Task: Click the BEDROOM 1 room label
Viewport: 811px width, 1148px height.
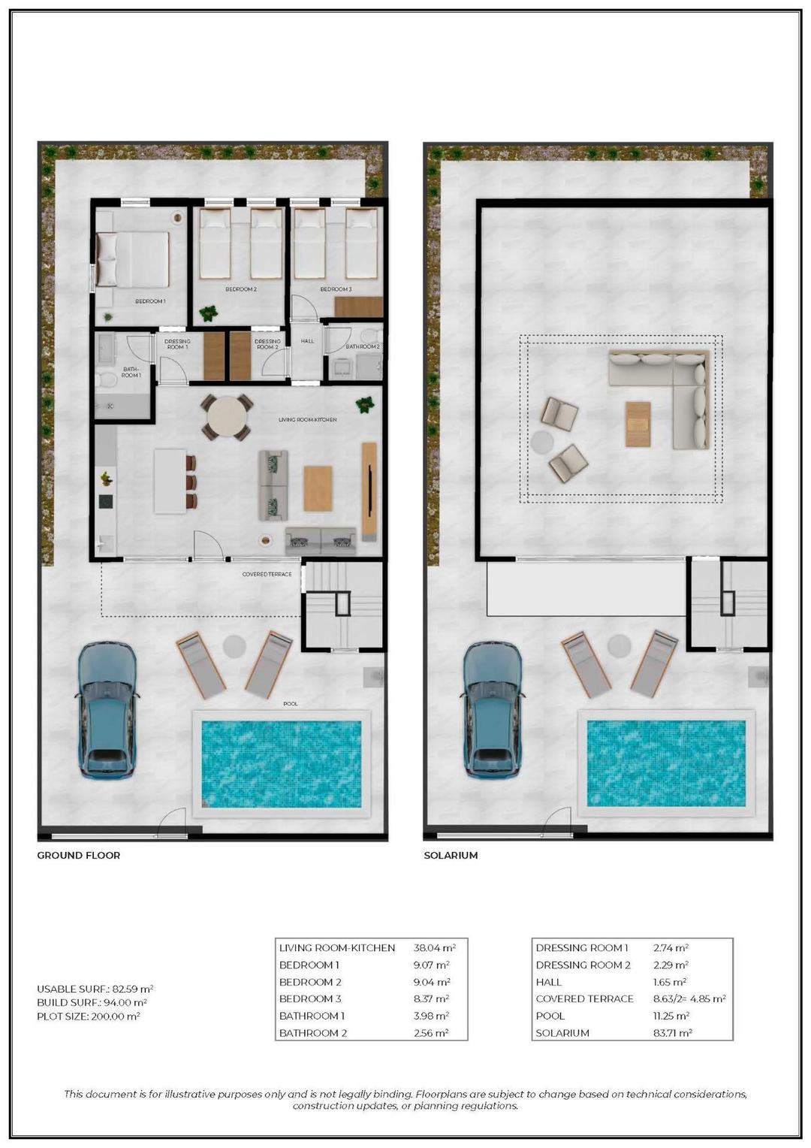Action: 150,301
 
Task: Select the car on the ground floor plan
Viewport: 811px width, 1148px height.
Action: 107,710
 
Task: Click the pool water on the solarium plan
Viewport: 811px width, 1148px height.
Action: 665,763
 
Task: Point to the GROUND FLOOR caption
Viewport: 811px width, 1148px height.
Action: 79,855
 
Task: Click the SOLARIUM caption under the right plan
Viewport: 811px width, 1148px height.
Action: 451,855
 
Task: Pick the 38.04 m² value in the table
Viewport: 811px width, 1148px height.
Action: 434,948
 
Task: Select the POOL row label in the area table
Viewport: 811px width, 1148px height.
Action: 550,1016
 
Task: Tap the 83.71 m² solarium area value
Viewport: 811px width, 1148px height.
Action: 672,1033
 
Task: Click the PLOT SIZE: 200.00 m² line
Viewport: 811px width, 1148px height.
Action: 89,1017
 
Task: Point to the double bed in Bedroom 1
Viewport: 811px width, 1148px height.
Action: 134,259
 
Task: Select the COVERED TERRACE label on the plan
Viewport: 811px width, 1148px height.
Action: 267,575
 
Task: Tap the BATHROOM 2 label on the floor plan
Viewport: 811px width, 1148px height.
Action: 362,347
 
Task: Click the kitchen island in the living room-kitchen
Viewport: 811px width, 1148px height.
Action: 170,481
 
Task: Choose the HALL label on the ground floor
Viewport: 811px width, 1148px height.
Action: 307,341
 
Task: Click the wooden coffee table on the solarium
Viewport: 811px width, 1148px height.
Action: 638,424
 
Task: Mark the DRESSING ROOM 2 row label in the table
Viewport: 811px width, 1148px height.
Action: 583,965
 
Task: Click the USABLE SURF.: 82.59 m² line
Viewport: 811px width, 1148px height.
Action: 95,989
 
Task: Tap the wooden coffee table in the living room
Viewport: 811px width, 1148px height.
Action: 318,488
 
